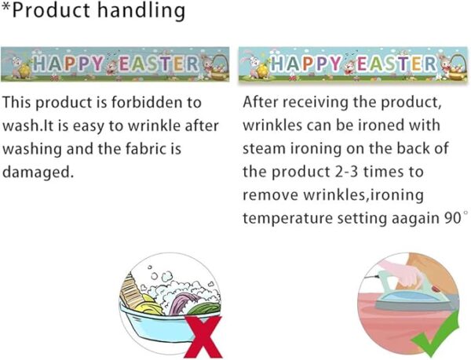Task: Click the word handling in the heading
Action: tap(141, 11)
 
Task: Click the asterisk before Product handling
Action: tap(5, 6)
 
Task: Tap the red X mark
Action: tap(203, 336)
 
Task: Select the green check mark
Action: tap(436, 334)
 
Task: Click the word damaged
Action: tap(38, 173)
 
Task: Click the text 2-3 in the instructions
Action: tap(345, 172)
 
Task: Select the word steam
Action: tap(264, 149)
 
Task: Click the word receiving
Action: tap(316, 103)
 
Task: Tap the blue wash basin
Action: tap(156, 324)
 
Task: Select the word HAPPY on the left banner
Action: tap(68, 64)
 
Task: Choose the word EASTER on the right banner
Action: tap(397, 64)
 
